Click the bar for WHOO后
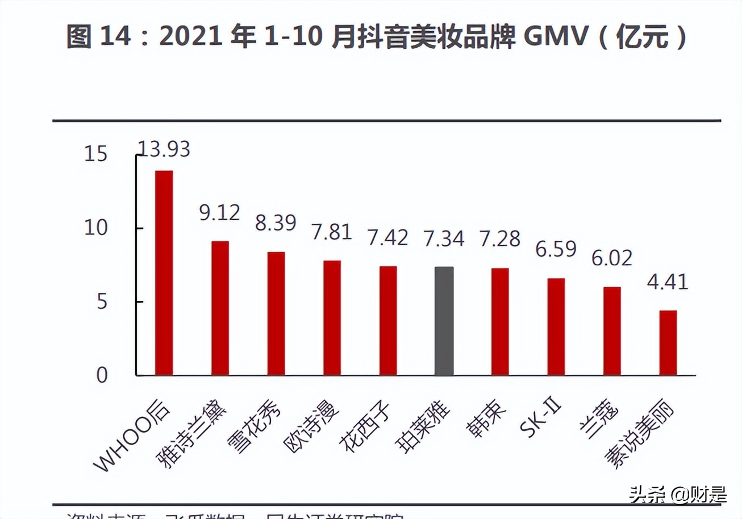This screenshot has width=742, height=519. pos(164,273)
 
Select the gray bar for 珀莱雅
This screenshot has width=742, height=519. pos(444,321)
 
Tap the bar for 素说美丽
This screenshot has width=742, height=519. pos(668,343)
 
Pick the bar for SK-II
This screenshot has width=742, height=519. pos(556,327)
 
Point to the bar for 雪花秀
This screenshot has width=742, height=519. pos(276,313)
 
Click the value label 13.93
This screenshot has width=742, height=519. pos(164,149)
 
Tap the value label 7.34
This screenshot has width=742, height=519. pos(444,238)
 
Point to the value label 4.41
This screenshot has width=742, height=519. pos(668,281)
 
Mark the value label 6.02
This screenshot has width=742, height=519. pos(611,258)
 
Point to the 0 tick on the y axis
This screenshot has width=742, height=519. pos(101,375)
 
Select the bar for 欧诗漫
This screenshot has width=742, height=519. pos(332,318)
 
